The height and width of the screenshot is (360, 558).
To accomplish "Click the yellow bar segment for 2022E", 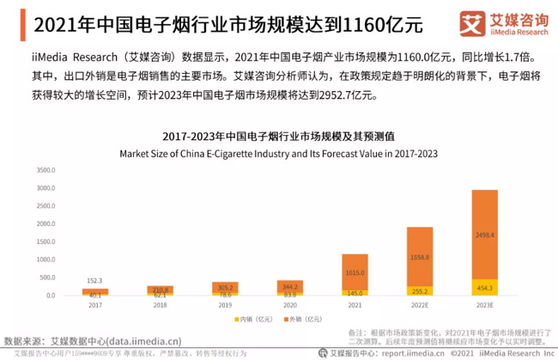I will (x=418, y=290).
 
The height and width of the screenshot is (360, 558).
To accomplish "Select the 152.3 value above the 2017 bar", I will (x=94, y=280).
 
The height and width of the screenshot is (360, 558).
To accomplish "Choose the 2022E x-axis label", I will (x=418, y=305).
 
